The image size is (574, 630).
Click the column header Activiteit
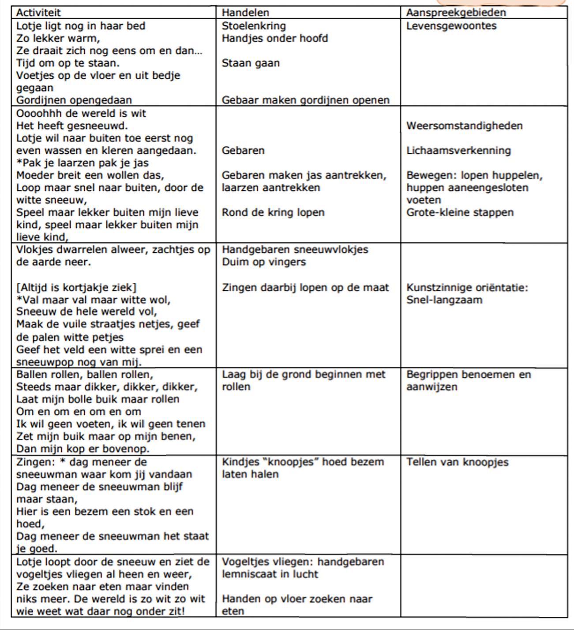click(x=38, y=12)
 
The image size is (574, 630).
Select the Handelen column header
click(x=245, y=12)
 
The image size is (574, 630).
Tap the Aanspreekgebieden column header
click(x=456, y=12)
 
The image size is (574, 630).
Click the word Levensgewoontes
click(x=451, y=26)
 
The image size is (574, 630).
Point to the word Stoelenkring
click(x=254, y=26)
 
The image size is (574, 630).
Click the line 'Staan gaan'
click(x=251, y=63)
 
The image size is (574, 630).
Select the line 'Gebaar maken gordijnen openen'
click(x=305, y=100)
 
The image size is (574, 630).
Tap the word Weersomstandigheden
click(x=464, y=125)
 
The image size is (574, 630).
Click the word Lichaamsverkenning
click(x=458, y=150)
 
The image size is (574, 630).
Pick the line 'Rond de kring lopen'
click(x=273, y=212)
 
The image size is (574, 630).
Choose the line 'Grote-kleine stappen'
click(x=460, y=212)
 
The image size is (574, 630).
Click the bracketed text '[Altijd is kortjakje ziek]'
click(x=76, y=287)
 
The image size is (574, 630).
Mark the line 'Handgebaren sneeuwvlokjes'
click(x=295, y=249)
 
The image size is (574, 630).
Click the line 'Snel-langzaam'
click(x=444, y=300)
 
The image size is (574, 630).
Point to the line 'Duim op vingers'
click(x=264, y=262)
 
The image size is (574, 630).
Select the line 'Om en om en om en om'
click(x=79, y=411)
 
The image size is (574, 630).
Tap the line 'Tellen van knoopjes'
click(x=457, y=462)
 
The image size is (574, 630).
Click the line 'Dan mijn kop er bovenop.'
click(x=83, y=448)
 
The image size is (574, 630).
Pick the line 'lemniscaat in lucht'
click(x=270, y=574)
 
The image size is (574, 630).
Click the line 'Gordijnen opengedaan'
click(x=74, y=100)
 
